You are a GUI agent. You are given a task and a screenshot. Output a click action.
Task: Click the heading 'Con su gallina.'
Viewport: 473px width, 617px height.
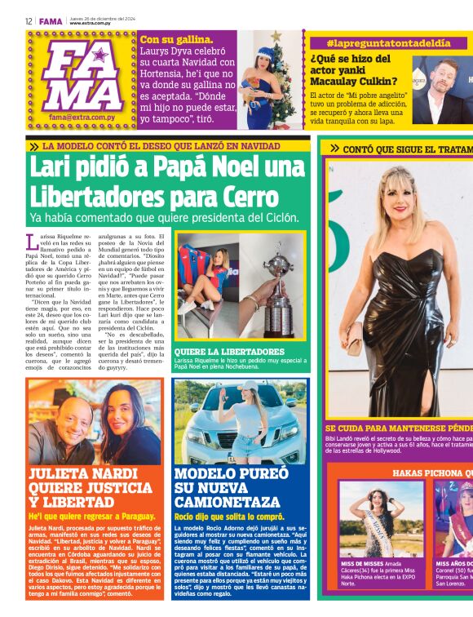[177, 38]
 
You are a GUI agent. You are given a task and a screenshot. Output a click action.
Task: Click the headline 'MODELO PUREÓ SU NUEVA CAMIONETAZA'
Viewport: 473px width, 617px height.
[232, 486]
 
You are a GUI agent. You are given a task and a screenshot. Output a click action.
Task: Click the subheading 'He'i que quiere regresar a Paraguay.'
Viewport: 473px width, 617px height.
[92, 517]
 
